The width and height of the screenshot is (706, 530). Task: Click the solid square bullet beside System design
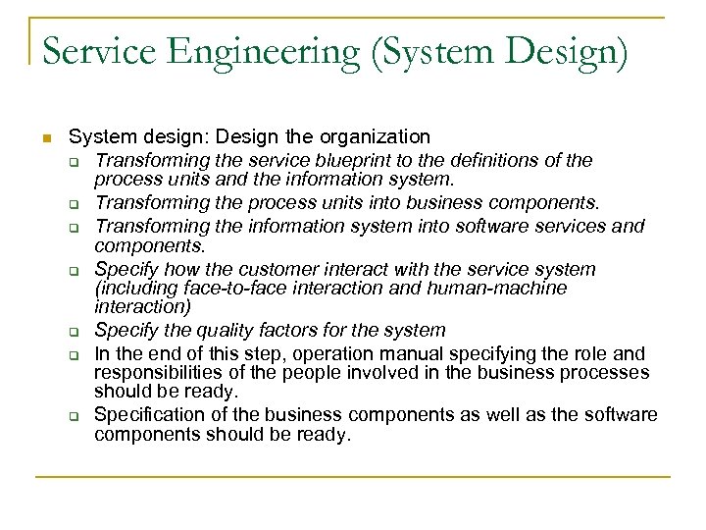pyautogui.click(x=45, y=137)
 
